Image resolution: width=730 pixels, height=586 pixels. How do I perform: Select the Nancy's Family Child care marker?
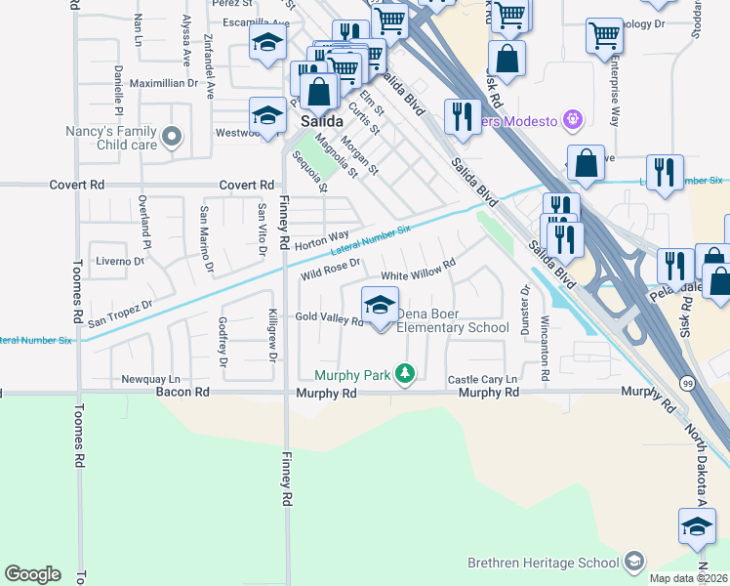[173, 137]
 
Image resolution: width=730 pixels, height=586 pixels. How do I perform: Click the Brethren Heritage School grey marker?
[634, 562]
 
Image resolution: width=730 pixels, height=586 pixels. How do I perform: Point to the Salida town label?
[321, 121]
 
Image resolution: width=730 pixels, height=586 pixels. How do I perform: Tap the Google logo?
[32, 574]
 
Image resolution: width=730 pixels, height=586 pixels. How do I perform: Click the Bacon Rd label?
[182, 393]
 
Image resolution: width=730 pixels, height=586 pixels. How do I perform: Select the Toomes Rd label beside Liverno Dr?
[78, 276]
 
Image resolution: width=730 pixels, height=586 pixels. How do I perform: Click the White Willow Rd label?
[419, 271]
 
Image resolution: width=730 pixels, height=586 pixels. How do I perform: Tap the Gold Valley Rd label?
[329, 318]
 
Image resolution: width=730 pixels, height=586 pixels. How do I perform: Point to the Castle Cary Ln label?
[481, 379]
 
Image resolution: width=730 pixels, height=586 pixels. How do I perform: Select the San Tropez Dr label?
[121, 313]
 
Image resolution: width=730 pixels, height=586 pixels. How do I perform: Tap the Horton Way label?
[321, 239]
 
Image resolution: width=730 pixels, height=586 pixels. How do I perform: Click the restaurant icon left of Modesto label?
[461, 115]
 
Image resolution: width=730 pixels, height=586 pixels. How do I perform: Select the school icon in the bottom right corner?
[697, 526]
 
